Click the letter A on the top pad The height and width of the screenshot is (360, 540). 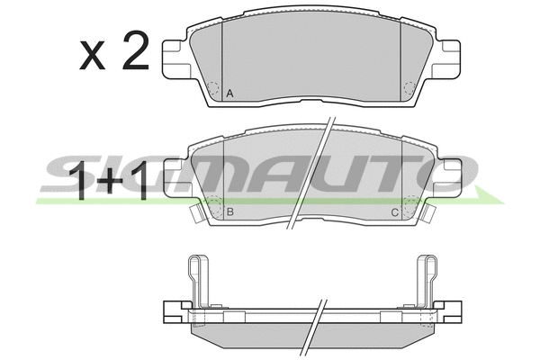(x=229, y=93)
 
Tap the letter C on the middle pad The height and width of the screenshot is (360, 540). (x=393, y=212)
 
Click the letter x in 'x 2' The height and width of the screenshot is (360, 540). (x=93, y=58)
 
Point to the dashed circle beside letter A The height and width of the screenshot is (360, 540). (x=213, y=90)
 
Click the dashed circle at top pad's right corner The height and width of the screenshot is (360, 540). (x=408, y=90)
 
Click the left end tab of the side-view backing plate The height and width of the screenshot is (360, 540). (x=170, y=316)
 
